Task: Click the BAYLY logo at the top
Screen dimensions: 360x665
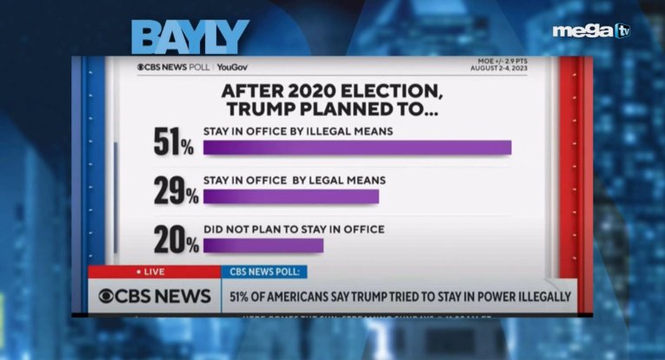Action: [x=190, y=37]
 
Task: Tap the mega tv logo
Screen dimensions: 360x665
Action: [x=591, y=31]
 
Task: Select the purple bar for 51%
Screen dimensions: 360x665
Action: [x=356, y=147]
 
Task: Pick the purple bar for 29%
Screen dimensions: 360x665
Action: [x=290, y=196]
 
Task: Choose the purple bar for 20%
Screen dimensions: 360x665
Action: [x=263, y=244]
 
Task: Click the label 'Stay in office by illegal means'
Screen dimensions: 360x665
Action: [x=299, y=130]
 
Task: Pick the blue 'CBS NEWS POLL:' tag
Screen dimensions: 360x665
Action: [x=263, y=272]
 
